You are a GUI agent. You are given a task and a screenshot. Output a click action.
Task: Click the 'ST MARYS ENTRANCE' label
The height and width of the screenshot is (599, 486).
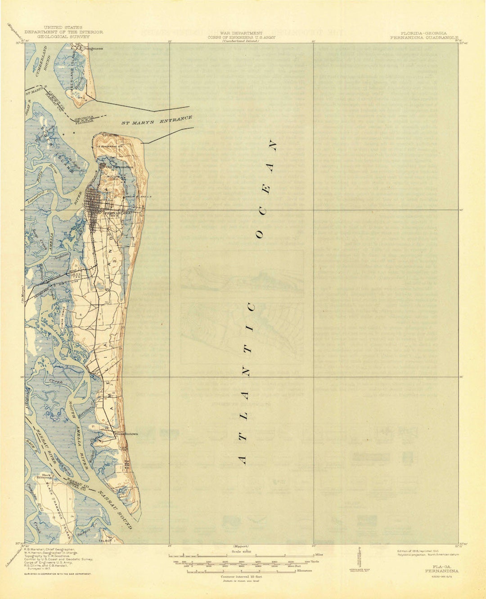[x=157, y=121]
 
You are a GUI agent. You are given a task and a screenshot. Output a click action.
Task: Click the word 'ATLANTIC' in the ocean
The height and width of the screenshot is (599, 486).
[x=247, y=383]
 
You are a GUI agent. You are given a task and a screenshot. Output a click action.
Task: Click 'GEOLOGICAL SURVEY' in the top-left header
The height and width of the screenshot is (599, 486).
[x=63, y=36]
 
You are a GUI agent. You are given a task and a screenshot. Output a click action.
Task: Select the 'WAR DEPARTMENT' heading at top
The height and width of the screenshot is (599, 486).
[x=241, y=33]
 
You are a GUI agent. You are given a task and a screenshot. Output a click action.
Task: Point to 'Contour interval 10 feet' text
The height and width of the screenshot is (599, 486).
[x=241, y=576]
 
